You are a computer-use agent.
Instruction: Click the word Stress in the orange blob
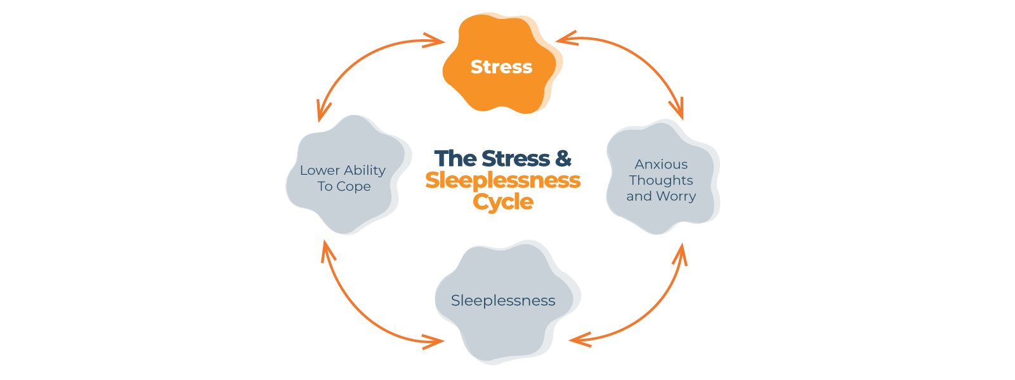coord(501,66)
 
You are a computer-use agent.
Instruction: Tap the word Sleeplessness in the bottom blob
coord(503,301)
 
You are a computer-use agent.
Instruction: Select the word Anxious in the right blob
coord(661,165)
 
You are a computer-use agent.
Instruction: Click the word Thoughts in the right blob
coord(661,180)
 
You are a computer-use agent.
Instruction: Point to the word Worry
coord(678,196)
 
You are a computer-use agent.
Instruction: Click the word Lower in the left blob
coord(320,170)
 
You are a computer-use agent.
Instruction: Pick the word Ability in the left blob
coord(365,170)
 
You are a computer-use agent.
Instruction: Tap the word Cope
coord(353,187)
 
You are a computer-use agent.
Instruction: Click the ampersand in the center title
coord(563,158)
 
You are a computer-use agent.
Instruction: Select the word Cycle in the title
coord(503,201)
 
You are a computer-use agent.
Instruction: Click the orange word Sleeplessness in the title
coord(503,180)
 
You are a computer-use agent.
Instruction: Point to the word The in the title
coord(455,158)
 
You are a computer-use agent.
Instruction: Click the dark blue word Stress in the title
coord(515,158)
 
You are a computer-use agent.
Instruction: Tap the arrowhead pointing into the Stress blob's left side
coord(436,41)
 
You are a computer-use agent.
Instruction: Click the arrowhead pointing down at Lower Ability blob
coord(323,113)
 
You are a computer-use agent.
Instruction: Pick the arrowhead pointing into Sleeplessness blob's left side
coord(436,342)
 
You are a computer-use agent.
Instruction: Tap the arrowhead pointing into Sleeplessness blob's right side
coord(577,340)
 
